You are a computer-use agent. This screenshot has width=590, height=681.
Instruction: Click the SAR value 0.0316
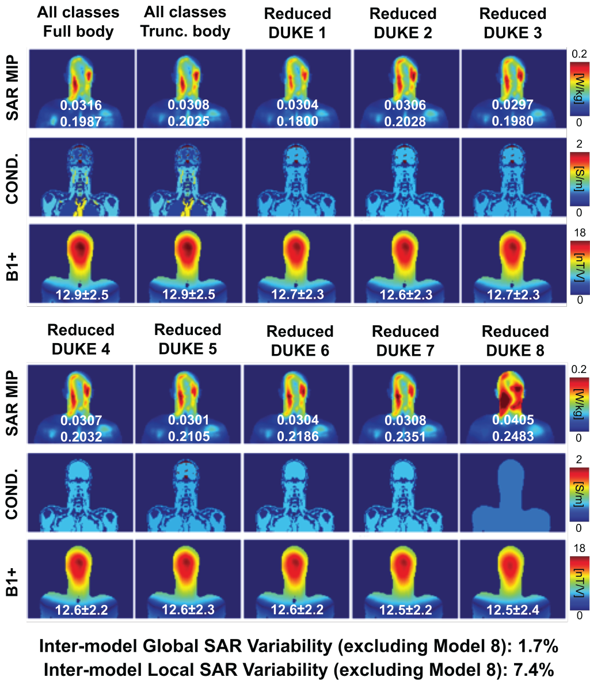(x=81, y=105)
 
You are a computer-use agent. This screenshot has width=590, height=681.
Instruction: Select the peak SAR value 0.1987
(x=81, y=121)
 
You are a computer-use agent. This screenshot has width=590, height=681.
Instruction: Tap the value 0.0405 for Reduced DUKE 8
(x=515, y=420)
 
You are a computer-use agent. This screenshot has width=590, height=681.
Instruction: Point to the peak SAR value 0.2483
(x=515, y=436)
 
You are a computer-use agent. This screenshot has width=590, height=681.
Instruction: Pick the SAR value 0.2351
(x=406, y=436)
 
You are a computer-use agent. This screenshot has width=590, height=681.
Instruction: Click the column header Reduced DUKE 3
(x=513, y=23)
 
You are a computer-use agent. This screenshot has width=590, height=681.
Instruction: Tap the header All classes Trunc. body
(x=185, y=22)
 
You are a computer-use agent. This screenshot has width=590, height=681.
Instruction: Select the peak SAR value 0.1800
(x=298, y=121)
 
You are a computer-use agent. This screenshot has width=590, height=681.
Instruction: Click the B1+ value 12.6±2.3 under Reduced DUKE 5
(x=188, y=610)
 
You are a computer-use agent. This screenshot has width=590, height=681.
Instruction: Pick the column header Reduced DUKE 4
(x=81, y=339)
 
